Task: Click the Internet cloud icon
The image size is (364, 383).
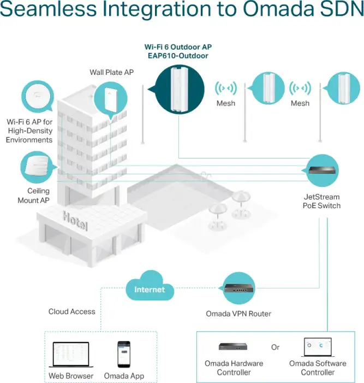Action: pos(150,286)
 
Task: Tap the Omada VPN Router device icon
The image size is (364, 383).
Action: pos(239,288)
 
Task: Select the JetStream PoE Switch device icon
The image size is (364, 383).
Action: pos(322,170)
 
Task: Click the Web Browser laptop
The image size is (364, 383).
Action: pos(71,355)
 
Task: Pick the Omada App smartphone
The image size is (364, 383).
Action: pos(124,355)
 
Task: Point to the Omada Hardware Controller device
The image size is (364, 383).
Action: pos(233,346)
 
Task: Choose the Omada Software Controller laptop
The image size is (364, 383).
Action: pos(318,347)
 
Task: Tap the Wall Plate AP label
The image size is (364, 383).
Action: pos(112,72)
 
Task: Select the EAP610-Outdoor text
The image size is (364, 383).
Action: pos(178,56)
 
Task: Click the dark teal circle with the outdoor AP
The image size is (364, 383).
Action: pos(180,90)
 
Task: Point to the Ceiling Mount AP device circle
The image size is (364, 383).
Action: pos(37,167)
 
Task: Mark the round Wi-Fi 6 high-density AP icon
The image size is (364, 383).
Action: pos(38,97)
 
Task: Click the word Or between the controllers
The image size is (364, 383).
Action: pos(275,347)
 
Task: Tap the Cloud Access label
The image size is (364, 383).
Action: pos(71,311)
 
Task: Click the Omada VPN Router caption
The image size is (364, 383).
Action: pos(238,314)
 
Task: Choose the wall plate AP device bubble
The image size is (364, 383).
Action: pos(111,98)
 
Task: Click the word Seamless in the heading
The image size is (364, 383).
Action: pos(49,9)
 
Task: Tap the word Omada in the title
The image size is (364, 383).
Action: pos(278,9)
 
